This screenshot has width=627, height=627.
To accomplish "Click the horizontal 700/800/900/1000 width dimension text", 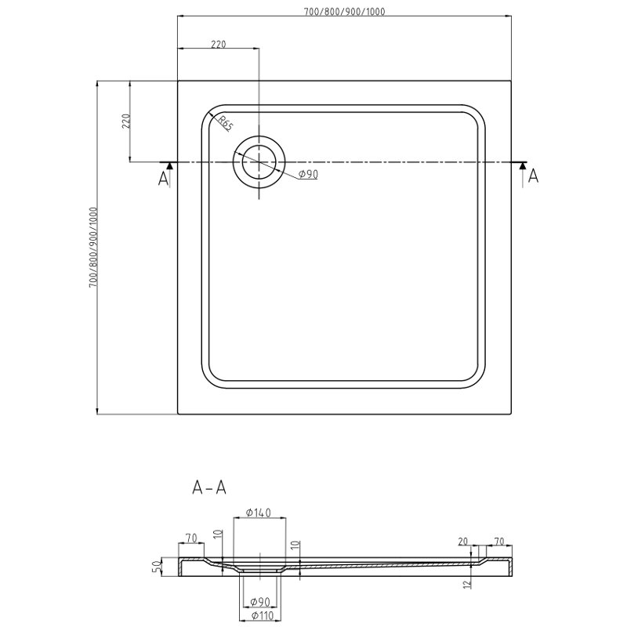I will click(345, 11).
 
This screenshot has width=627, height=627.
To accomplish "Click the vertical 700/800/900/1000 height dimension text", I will click(92, 248).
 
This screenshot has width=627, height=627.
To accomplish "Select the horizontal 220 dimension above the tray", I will click(218, 45).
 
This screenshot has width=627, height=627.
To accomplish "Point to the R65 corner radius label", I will click(225, 123).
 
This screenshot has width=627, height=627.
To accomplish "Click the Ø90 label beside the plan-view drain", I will click(308, 174).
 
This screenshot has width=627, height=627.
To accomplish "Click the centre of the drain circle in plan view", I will click(259, 162).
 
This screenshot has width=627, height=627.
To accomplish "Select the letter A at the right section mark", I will click(533, 176).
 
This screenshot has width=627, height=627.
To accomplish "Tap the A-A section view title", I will click(209, 487).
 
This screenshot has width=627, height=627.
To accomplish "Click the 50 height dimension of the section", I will click(156, 566).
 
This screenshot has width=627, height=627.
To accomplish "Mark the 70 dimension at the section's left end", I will click(190, 538).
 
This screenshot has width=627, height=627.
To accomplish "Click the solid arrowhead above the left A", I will click(169, 165).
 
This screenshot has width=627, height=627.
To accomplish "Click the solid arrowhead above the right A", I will click(522, 165).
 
